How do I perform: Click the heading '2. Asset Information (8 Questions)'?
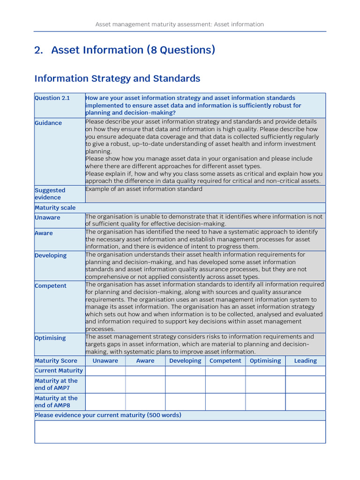coord(125,50)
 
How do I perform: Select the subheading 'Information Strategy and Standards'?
coord(117,78)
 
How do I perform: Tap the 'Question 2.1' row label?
coord(52,98)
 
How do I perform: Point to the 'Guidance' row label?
coord(48,123)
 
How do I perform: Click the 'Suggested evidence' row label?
coord(50,194)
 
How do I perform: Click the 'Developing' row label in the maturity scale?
coord(51,255)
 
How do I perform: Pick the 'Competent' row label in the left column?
coord(51,286)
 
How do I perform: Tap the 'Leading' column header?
coord(305,361)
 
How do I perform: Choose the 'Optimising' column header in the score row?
coord(265,361)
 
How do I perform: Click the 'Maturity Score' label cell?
coord(56,361)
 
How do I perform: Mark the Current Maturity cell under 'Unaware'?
coord(105,371)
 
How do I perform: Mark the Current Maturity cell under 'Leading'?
coord(305,371)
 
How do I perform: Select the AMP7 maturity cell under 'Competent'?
coord(225,384)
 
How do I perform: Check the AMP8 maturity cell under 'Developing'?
coord(185,402)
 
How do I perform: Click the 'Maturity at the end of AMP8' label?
coord(56,402)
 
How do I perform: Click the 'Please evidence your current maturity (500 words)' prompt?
coord(108,415)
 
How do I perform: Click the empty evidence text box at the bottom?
coord(180,432)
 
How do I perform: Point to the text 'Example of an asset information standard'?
coord(144,189)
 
